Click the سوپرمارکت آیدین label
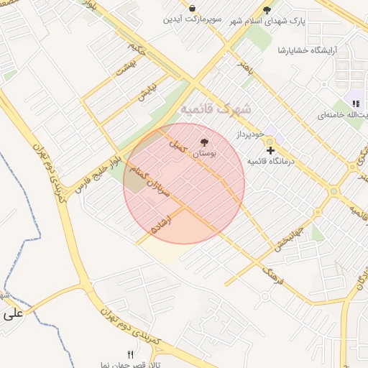[x=193, y=19]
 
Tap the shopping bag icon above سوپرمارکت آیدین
[x=192, y=8]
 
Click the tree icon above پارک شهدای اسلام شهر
[x=267, y=10]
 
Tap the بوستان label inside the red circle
[x=203, y=153]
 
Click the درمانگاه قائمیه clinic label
[x=274, y=161]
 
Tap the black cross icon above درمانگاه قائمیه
[x=270, y=150]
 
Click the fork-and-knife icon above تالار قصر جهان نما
[x=130, y=354]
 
